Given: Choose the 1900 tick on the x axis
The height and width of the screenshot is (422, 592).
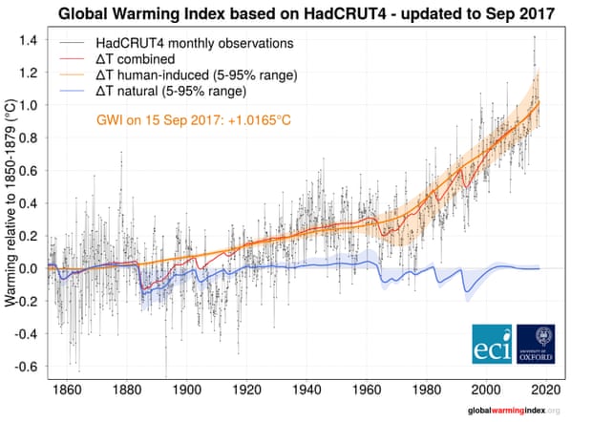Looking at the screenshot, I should [187, 390].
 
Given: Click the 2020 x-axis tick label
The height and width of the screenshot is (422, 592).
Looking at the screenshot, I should [545, 390].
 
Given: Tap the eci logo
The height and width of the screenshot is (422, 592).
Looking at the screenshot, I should [492, 345].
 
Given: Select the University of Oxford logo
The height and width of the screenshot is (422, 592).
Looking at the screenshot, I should [536, 345].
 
